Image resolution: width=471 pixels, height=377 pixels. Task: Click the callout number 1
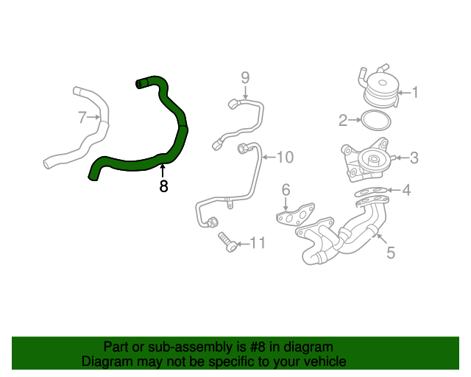pyautogui.click(x=414, y=93)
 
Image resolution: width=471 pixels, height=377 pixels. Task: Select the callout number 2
pyautogui.click(x=343, y=120)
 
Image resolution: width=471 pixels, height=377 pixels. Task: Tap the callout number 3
pyautogui.click(x=414, y=157)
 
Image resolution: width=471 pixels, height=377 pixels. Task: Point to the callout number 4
pyautogui.click(x=406, y=190)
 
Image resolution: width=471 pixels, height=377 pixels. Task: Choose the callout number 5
pyautogui.click(x=391, y=253)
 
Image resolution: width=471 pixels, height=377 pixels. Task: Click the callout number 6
pyautogui.click(x=286, y=191)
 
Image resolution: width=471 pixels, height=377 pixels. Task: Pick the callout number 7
pyautogui.click(x=83, y=116)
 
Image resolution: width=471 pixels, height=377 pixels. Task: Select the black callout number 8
pyautogui.click(x=163, y=186)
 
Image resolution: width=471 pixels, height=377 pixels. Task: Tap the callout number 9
pyautogui.click(x=246, y=77)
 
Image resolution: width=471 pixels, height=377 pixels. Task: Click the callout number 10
pyautogui.click(x=284, y=157)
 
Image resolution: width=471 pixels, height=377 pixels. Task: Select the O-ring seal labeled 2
pyautogui.click(x=376, y=119)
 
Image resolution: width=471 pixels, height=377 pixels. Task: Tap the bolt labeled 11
pyautogui.click(x=227, y=242)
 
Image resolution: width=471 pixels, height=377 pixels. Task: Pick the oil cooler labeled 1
pyautogui.click(x=380, y=89)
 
